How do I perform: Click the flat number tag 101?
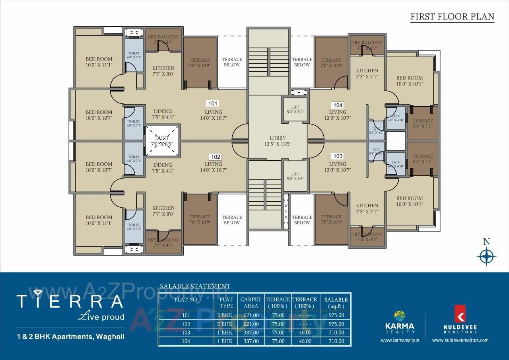click(x=213, y=103)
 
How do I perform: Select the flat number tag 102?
click(x=216, y=157)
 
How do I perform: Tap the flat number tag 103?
click(x=337, y=156)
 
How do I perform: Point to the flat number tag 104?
click(x=338, y=105)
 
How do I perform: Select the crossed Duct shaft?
click(x=162, y=140)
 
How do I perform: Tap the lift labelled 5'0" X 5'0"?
click(x=295, y=109)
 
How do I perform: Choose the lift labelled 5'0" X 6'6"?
click(x=295, y=176)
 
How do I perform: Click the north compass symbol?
click(x=486, y=256)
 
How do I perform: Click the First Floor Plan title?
click(x=452, y=17)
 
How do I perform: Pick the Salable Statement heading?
click(x=195, y=286)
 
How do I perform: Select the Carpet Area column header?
click(x=251, y=302)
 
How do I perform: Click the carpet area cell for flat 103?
click(x=251, y=333)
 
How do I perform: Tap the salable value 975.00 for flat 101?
click(x=336, y=315)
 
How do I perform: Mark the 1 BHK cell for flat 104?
click(x=226, y=341)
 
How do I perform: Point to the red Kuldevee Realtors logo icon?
click(x=460, y=313)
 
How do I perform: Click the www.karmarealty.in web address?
click(x=400, y=340)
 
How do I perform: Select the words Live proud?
click(x=101, y=317)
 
